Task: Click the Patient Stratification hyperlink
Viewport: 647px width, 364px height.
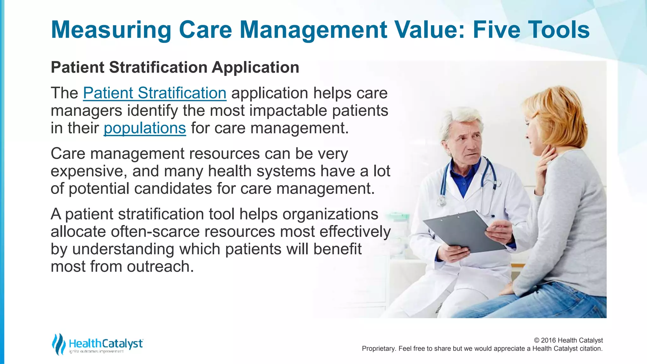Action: pos(154,93)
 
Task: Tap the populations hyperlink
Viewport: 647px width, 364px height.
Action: pos(145,128)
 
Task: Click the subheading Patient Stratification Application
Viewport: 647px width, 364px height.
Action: pos(175,67)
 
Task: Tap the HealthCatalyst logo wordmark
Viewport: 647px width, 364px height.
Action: pos(106,343)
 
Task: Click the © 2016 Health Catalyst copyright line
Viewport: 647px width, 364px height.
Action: pos(568,340)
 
